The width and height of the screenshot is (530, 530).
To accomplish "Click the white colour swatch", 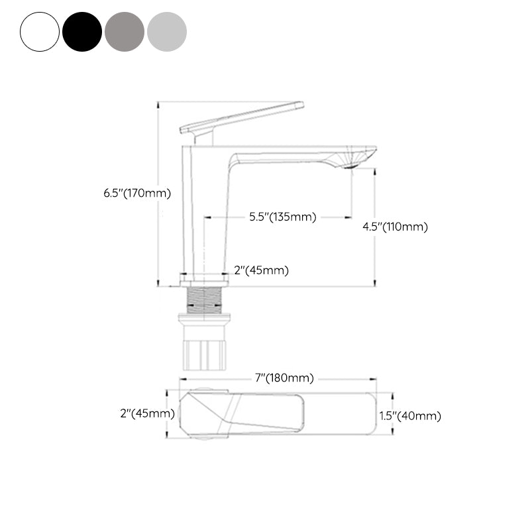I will [x=40, y=31].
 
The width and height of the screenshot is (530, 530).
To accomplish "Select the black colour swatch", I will [x=82, y=31].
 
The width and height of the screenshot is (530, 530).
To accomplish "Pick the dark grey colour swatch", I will [x=125, y=31].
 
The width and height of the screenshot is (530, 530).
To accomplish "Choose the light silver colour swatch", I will [x=167, y=31].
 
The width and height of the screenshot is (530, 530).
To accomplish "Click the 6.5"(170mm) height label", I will [x=137, y=193].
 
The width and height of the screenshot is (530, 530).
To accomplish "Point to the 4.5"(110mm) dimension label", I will [x=396, y=227].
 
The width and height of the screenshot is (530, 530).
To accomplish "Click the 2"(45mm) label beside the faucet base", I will [x=262, y=270].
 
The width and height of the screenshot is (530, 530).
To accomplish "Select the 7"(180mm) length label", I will [x=285, y=378].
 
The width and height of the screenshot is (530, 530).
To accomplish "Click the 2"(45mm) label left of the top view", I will [x=147, y=413].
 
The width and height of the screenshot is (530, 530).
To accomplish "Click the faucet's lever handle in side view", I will [x=242, y=117].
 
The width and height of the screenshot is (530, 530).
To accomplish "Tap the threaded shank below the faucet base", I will [x=203, y=299].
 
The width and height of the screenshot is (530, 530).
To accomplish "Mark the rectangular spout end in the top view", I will [x=338, y=414].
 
